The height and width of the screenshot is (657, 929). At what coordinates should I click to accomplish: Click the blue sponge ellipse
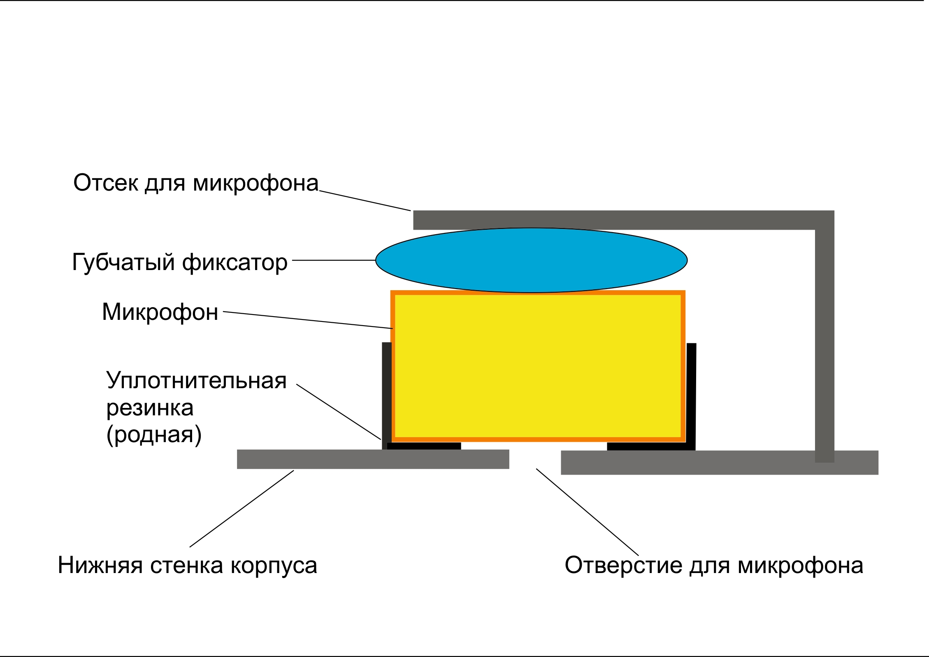coord(531,260)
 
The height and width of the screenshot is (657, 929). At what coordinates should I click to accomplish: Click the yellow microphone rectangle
coord(538,366)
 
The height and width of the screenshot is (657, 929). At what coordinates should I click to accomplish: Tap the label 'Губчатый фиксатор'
coord(179,262)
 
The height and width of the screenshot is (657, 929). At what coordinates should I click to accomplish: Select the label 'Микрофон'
coord(160,312)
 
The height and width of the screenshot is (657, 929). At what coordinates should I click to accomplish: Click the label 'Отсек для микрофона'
coord(196,183)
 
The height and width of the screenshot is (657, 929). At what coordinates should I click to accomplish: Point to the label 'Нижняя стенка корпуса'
coord(187,565)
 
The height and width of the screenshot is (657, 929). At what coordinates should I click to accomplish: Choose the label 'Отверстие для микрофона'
coord(714,565)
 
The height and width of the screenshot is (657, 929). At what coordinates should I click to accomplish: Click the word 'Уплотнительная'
coord(196,380)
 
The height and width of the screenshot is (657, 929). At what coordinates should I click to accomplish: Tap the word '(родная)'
coord(154,435)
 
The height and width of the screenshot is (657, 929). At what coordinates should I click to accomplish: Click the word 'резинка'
coord(150,408)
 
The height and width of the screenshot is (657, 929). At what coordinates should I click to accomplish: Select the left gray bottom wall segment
coord(373,459)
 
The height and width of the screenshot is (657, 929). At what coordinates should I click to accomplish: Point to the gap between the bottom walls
coord(535,459)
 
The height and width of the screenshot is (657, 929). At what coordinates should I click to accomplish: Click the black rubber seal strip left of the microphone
coord(386,395)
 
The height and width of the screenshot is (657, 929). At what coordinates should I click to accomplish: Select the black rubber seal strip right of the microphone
coord(691,395)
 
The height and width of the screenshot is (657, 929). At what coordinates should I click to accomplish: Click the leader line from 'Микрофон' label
coord(308,320)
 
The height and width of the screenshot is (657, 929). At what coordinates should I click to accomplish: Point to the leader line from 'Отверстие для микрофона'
coord(587,512)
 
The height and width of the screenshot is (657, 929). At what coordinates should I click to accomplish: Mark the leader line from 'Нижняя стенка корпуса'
coord(242,509)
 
